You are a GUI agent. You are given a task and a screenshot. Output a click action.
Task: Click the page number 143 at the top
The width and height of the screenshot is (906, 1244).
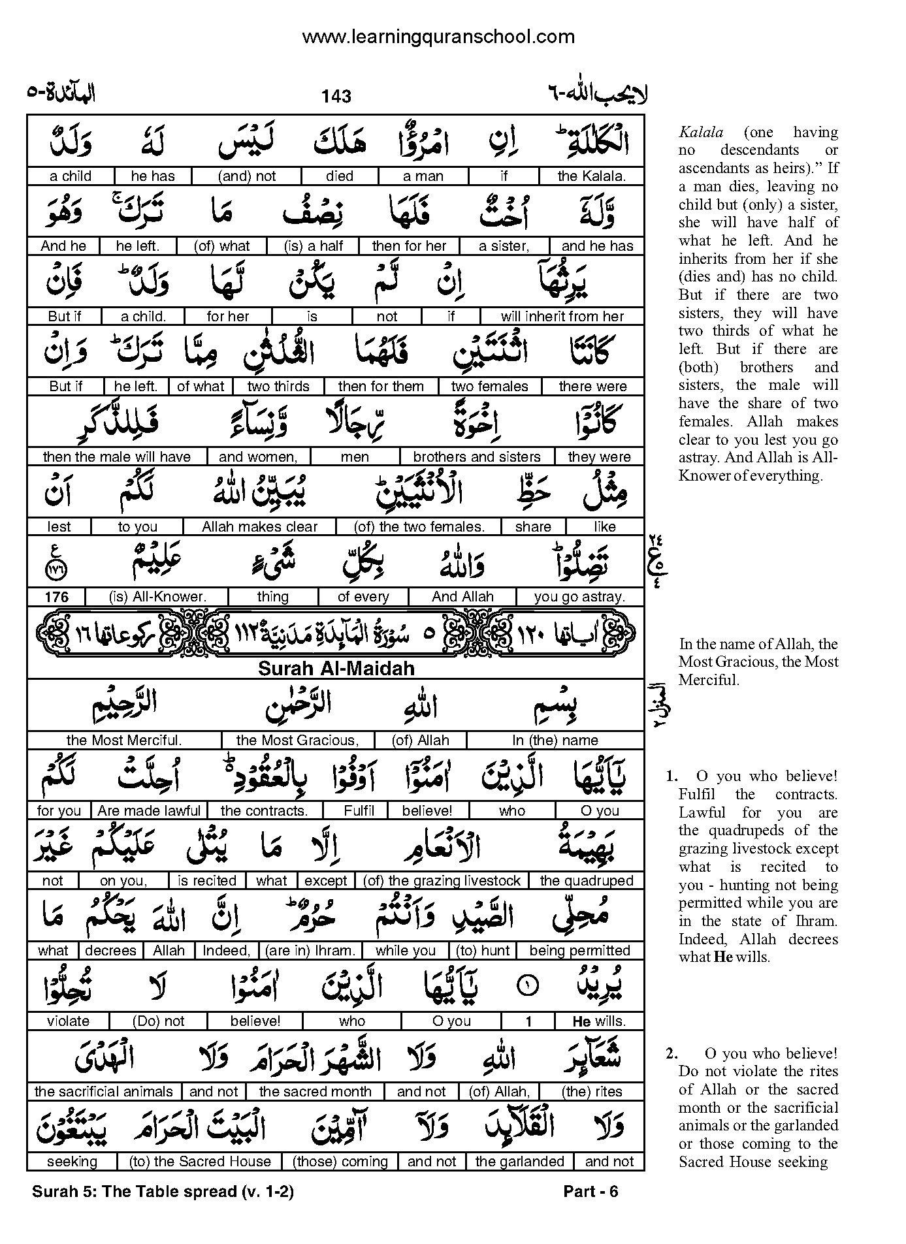point(336,97)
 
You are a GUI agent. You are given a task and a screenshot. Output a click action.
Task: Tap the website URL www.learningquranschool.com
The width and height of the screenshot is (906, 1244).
point(438,37)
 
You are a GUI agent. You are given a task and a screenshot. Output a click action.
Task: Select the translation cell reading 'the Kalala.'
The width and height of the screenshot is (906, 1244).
point(591,176)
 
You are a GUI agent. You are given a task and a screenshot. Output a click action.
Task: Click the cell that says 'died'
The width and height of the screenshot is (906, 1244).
point(340,176)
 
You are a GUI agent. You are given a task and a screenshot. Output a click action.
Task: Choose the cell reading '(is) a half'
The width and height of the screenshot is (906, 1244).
point(314,246)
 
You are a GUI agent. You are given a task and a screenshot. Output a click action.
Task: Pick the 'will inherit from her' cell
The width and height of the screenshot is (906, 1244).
point(562,317)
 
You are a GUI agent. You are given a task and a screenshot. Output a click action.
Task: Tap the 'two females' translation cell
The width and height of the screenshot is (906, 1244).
point(489,387)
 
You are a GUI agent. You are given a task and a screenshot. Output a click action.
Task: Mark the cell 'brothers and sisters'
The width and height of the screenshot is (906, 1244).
point(477,457)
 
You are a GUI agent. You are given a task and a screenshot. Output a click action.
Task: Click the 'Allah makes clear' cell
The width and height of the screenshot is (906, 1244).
point(259,527)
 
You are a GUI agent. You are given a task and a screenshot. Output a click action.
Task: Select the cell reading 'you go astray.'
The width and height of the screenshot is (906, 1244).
point(579,597)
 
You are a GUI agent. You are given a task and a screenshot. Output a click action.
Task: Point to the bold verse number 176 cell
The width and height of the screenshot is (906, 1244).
point(57,597)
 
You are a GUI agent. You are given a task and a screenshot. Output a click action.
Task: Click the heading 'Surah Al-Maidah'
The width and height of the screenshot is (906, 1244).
point(336,669)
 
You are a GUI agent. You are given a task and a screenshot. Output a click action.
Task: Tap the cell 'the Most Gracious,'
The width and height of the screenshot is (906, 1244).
point(297,741)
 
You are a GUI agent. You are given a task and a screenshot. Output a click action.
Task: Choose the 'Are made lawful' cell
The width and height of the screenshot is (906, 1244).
point(149,811)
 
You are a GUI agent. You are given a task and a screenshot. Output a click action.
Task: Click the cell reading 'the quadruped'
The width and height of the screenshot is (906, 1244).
point(586,881)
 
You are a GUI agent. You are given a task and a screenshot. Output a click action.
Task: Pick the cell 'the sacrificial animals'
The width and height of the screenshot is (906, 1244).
point(103,1092)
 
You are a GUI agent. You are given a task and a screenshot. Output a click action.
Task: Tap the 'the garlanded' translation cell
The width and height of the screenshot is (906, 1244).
point(519,1162)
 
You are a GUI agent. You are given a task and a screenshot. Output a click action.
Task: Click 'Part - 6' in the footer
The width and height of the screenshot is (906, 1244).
point(591,1192)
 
